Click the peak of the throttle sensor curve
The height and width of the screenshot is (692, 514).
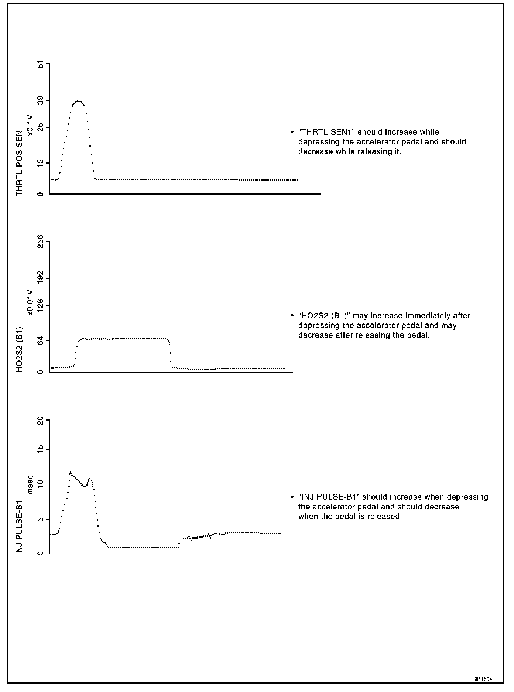(x=78, y=101)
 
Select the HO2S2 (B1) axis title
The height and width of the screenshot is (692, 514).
(x=19, y=349)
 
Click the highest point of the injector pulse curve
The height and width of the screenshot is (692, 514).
(x=70, y=472)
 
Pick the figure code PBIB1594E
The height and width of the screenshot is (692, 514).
(x=482, y=679)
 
